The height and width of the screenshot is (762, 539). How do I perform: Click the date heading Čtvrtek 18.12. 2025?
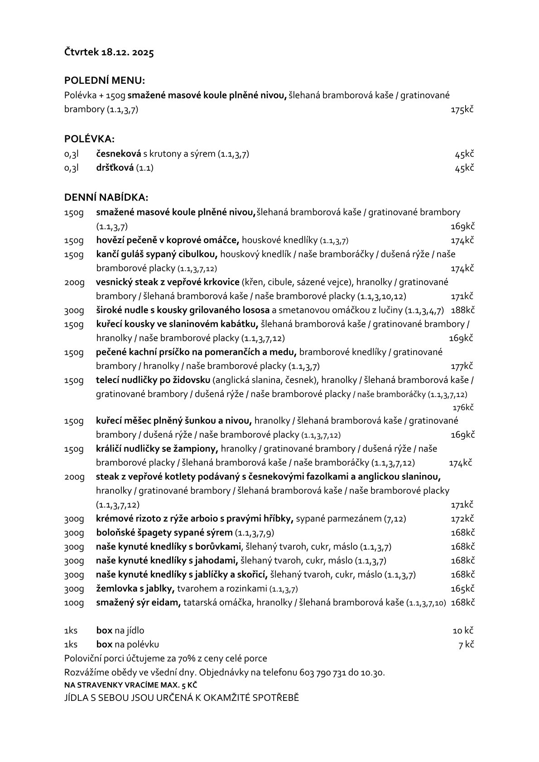tap(109, 53)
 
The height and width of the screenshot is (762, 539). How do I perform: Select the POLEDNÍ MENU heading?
tap(104, 81)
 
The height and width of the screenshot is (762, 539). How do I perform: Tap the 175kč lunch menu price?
tap(462, 110)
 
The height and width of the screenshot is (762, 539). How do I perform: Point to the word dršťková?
tap(115, 168)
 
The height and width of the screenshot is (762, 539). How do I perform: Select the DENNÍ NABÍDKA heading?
tap(106, 197)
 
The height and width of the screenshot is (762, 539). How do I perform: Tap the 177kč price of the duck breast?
tap(462, 366)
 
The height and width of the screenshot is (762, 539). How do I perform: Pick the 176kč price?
tap(463, 407)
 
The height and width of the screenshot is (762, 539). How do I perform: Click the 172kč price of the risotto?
tap(462, 519)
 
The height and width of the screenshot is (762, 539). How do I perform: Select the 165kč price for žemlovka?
tap(462, 589)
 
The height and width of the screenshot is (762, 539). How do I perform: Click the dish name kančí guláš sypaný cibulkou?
tap(157, 254)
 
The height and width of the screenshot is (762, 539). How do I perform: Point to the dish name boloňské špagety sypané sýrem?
tap(164, 533)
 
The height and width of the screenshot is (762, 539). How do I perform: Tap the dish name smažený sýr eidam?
tap(138, 603)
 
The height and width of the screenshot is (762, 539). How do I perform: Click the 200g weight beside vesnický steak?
tap(74, 283)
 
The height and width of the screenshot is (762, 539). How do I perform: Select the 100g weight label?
tap(74, 603)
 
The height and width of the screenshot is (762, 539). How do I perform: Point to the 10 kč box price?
tap(463, 631)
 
